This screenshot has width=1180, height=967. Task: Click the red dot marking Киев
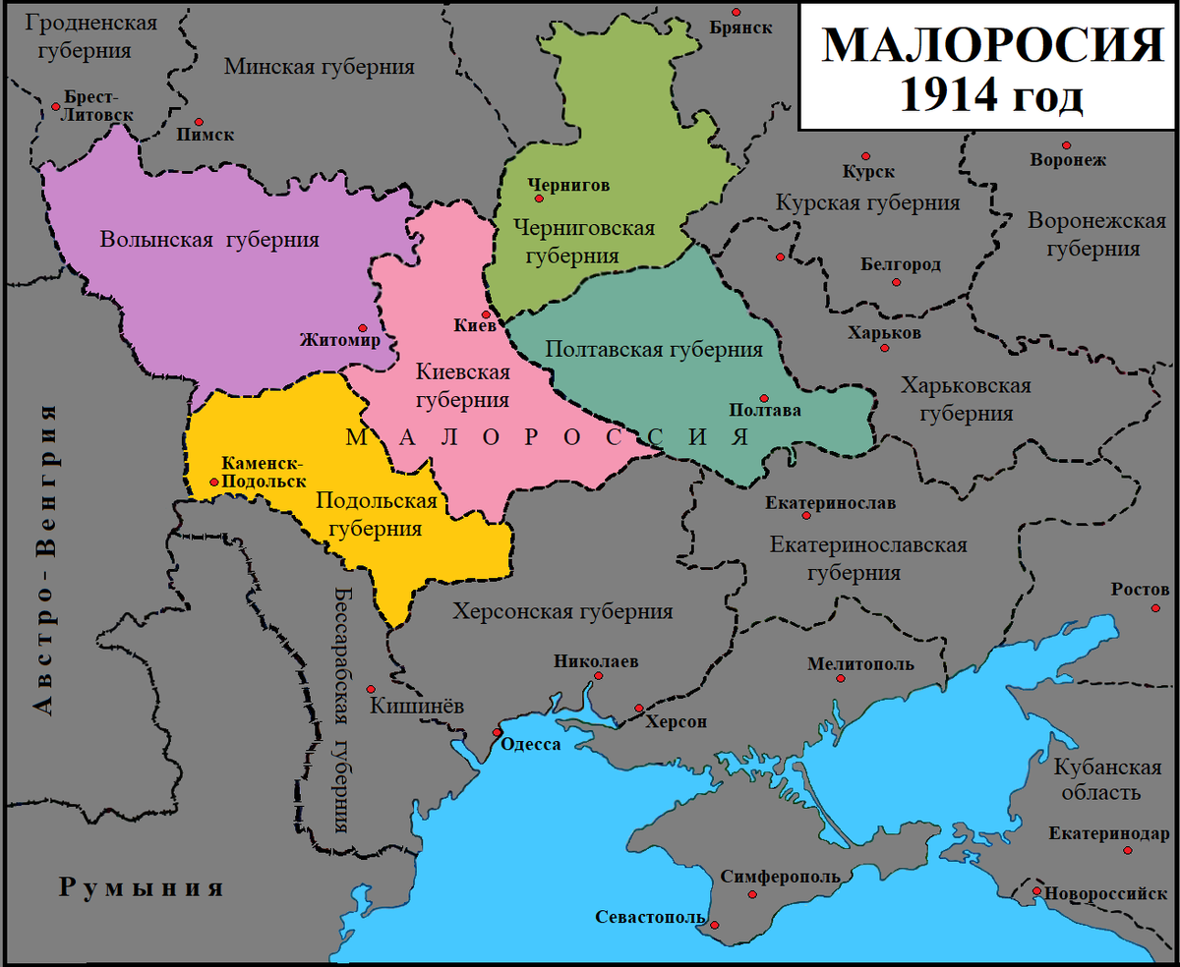485,313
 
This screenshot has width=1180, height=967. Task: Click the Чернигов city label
568,184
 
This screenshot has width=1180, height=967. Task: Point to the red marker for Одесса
498,732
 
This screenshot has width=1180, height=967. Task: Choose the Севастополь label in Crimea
650,917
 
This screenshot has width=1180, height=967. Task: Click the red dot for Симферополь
752,894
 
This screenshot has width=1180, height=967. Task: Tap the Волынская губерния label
210,239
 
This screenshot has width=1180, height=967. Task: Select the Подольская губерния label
376,514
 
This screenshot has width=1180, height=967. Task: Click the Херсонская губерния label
562,611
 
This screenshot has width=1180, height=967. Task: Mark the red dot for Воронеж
1066,143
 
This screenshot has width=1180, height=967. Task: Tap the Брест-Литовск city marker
54,107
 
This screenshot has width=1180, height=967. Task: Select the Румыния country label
142,887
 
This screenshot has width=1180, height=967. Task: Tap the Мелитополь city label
860,664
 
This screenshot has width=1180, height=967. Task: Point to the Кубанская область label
1106,779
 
